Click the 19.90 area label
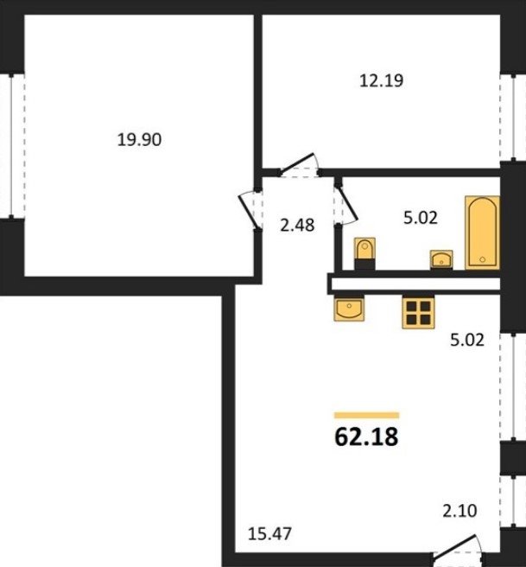coord(139,139)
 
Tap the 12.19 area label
coord(381,80)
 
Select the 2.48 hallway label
coord(297,226)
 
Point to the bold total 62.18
coord(366,436)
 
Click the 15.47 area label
coord(269,534)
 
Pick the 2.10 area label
coord(459,511)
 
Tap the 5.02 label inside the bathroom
coord(420,217)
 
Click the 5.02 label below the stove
coord(467,341)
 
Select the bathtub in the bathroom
coord(482,233)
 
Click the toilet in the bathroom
coord(364,253)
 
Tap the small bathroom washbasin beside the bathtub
coord(441,259)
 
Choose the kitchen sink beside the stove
coord(349,308)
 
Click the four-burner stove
coord(418,312)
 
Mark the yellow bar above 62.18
coord(367,415)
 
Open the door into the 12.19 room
coord(298,165)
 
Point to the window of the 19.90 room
coord(12,145)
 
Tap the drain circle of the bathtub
coord(482,259)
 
